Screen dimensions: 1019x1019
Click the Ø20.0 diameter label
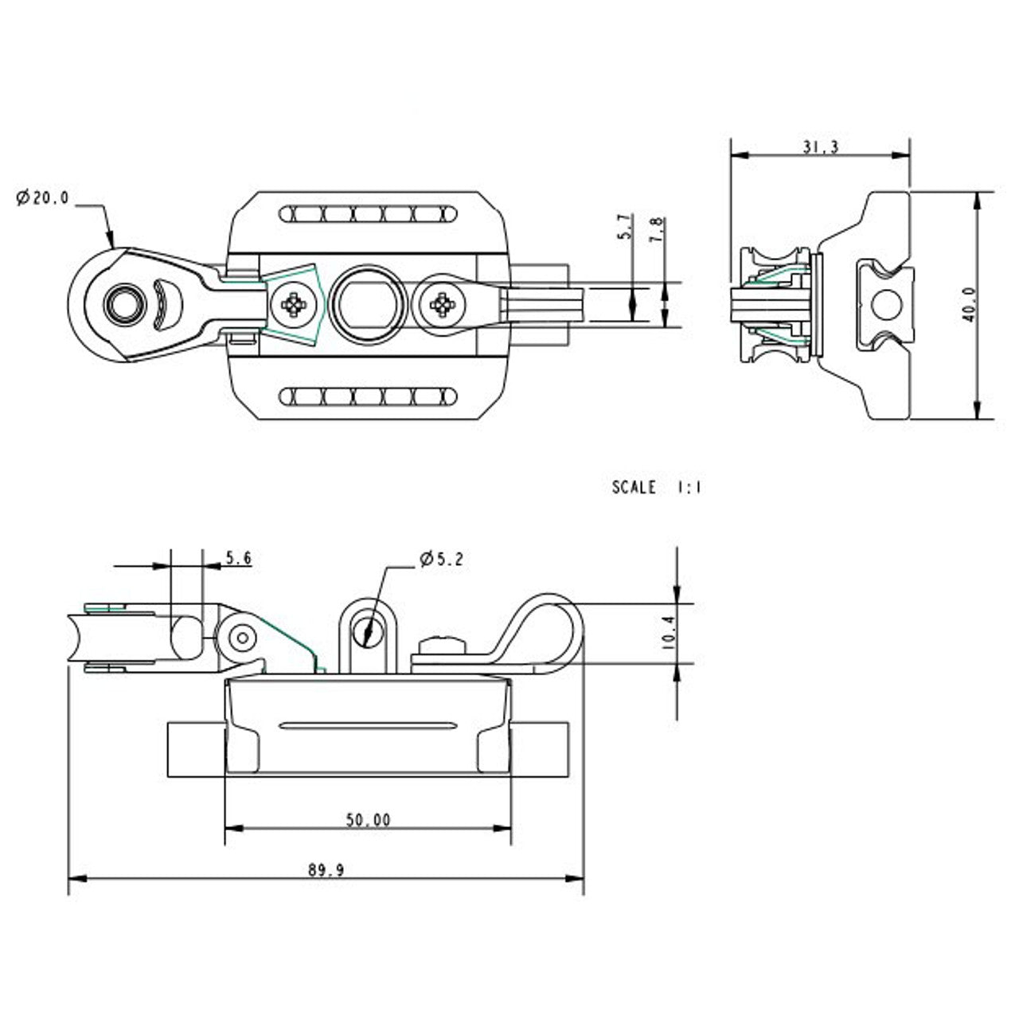click(x=43, y=198)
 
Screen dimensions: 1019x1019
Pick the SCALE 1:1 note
click(x=656, y=487)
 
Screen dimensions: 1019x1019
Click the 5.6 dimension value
click(x=238, y=559)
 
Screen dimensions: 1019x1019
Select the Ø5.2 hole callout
click(x=441, y=560)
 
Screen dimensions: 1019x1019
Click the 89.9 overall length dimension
click(x=326, y=870)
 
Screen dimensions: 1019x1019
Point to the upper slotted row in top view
click(x=369, y=214)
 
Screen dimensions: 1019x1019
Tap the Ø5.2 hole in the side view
click(x=368, y=631)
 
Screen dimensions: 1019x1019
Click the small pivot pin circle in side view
click(x=241, y=637)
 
